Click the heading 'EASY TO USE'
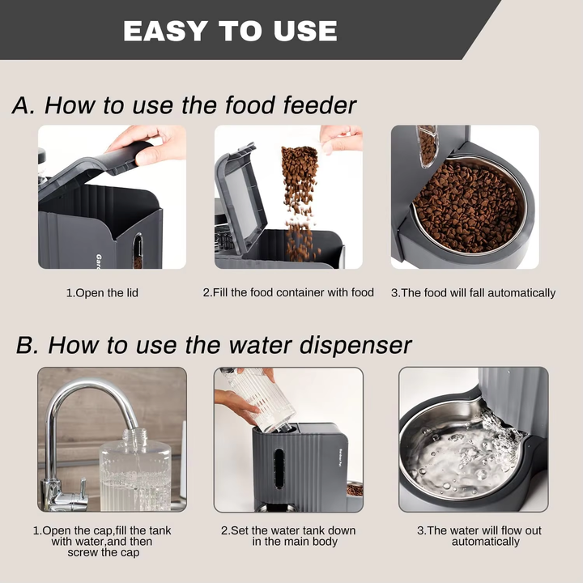pos(230,31)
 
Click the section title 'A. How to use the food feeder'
pos(185,105)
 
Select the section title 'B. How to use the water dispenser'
pos(214,344)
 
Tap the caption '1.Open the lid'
pos(102,292)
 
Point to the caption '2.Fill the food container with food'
pos(288,292)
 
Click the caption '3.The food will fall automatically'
pos(473,292)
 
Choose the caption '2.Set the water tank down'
pos(288,536)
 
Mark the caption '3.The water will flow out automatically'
pos(479,536)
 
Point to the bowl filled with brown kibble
pos(468,206)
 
